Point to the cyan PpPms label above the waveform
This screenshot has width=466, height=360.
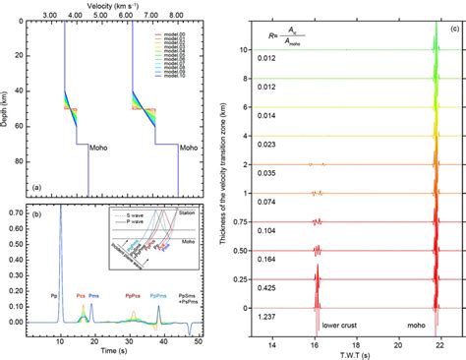pyautogui.click(x=159, y=293)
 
